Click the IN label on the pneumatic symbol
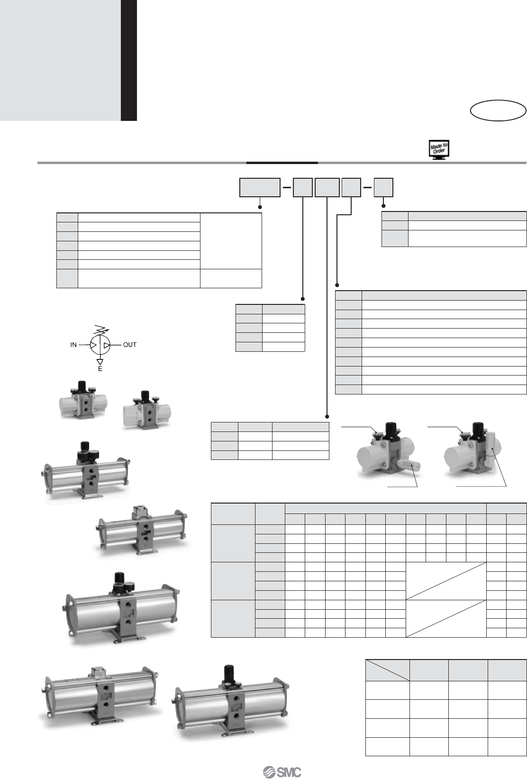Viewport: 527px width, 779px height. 73,345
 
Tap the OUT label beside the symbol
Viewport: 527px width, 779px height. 130,345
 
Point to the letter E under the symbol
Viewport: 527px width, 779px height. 100,369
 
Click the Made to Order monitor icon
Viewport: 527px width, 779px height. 439,150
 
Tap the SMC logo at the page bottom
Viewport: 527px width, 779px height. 282,772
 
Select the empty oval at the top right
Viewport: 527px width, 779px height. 498,110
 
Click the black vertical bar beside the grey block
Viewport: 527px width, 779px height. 128,60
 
